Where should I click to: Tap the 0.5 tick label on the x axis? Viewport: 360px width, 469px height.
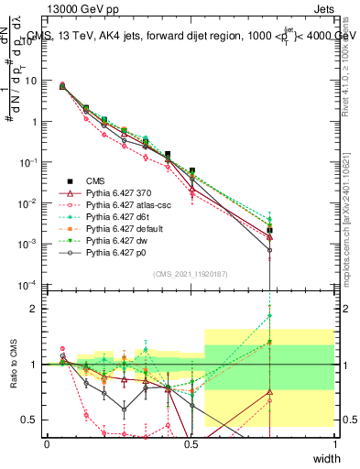coord(191,443)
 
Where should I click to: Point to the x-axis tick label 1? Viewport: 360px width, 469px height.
coord(334,443)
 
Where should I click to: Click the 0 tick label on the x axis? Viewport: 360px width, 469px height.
coord(47,443)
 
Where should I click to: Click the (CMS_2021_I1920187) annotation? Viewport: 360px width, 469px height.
coord(191,272)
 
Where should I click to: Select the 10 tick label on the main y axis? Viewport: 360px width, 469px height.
coord(30,81)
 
